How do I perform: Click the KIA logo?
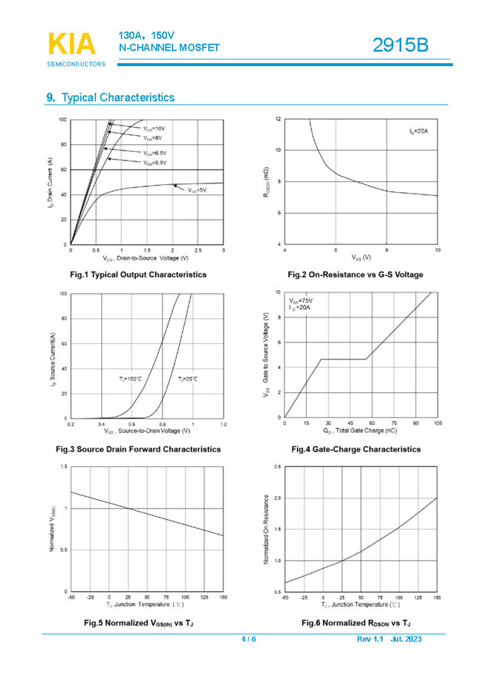pyautogui.click(x=72, y=44)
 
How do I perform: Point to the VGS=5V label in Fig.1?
pyautogui.click(x=197, y=191)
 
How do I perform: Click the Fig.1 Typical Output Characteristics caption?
pyautogui.click(x=137, y=275)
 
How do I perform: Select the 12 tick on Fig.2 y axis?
pyautogui.click(x=278, y=119)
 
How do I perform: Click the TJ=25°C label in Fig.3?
pyautogui.click(x=187, y=379)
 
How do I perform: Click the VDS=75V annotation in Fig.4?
pyautogui.click(x=301, y=299)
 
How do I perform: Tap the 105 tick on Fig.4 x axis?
pyautogui.click(x=437, y=423)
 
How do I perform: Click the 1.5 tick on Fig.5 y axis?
pyautogui.click(x=64, y=466)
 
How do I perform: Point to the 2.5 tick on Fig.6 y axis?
pyautogui.click(x=278, y=466)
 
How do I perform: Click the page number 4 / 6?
pyautogui.click(x=249, y=639)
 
